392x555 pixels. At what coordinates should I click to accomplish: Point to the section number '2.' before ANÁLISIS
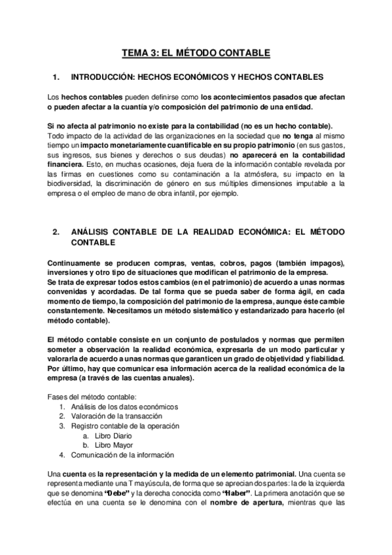(56, 232)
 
